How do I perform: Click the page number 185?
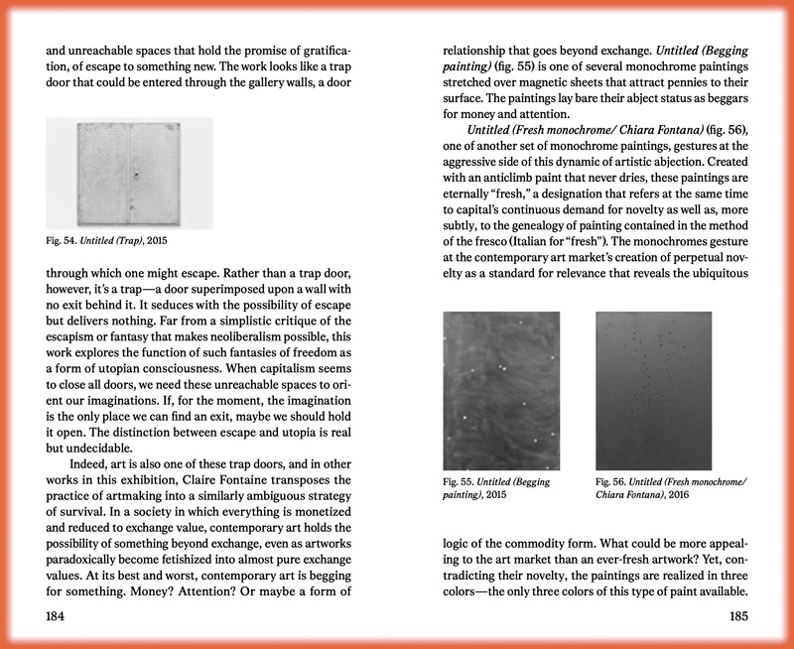click(x=736, y=615)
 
